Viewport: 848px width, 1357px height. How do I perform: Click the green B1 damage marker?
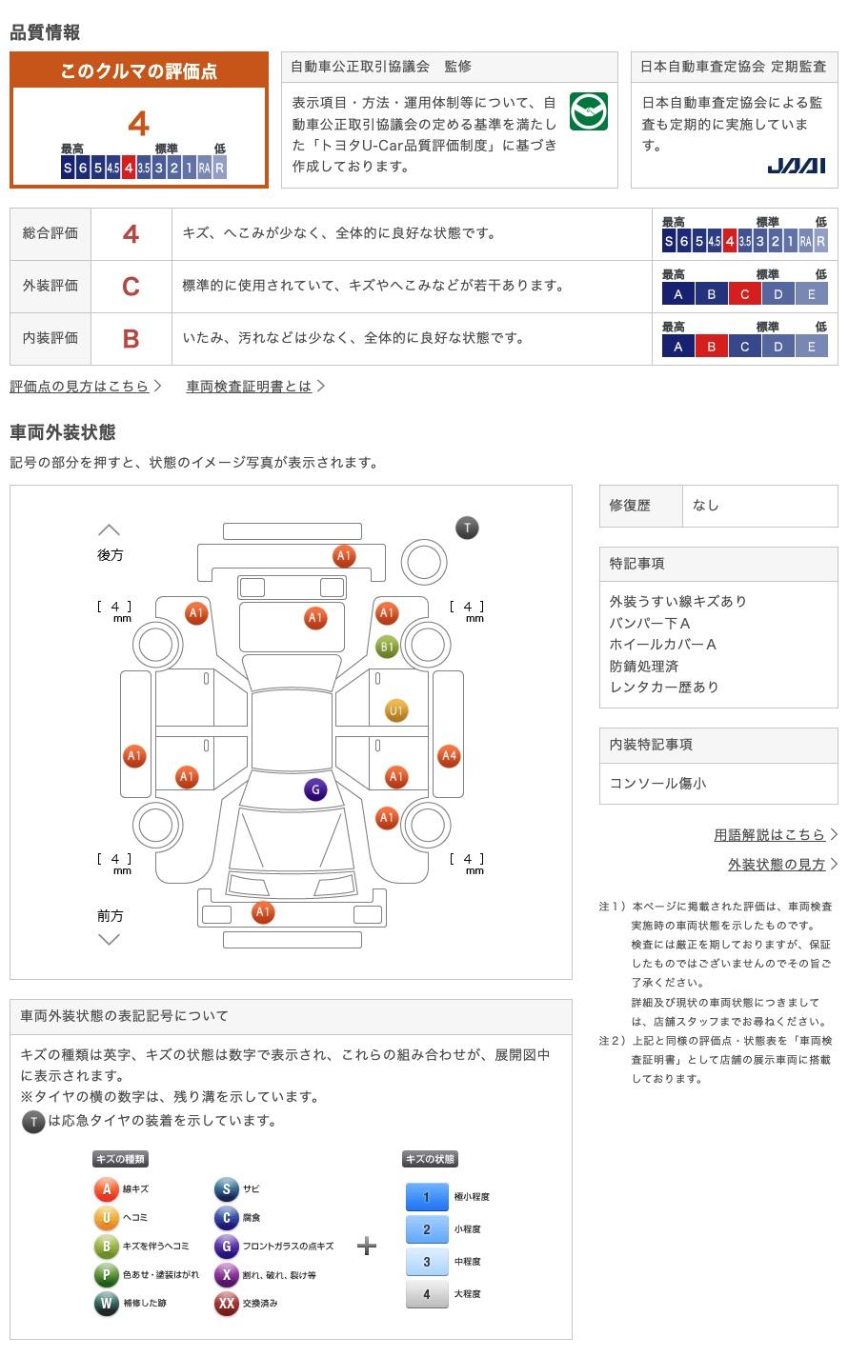387,647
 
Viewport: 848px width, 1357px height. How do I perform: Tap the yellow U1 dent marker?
396,709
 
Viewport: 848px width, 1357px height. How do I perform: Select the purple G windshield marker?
315,788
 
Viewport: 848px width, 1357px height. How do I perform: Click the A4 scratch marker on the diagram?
449,756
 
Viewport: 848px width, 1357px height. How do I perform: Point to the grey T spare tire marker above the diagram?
467,528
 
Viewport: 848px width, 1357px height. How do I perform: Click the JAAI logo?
796,166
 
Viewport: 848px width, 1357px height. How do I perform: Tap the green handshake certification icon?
589,112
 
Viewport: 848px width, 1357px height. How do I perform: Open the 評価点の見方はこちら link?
80,386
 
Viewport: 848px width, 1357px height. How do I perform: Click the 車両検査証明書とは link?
250,386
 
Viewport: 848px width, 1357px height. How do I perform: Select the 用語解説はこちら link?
770,834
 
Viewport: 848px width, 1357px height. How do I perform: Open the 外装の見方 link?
777,864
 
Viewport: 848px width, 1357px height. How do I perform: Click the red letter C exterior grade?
131,286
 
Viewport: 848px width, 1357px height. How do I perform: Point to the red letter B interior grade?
131,338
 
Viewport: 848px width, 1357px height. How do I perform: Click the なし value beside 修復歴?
706,505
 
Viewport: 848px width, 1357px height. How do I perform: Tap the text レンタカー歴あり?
664,687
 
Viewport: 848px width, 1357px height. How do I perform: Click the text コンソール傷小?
657,783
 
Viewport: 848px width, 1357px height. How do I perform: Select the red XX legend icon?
227,1303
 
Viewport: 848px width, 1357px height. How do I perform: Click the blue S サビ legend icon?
227,1188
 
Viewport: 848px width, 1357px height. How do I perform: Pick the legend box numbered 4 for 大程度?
426,1293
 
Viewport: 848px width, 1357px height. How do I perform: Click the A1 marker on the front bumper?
263,912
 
